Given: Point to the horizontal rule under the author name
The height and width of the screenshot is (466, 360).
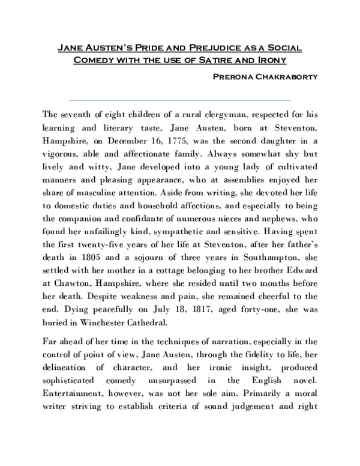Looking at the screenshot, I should click(x=180, y=100).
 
